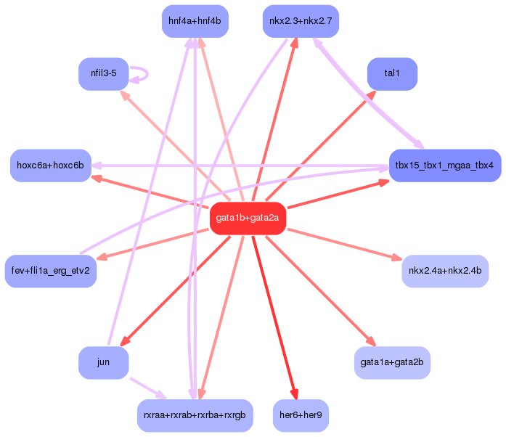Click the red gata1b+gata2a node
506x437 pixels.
248,218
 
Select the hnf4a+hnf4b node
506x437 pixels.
195,20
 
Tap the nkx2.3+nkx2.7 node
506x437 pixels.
300,20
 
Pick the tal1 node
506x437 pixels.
392,73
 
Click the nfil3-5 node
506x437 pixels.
103,74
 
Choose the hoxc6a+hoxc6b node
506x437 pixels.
50,166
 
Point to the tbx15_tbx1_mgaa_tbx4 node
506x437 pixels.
444,166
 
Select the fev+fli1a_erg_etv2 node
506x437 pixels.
50,271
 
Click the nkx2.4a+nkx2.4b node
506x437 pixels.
444,271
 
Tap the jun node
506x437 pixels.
103,362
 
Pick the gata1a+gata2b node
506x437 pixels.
392,362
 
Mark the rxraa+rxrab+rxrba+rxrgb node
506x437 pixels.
195,415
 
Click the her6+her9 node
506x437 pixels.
300,415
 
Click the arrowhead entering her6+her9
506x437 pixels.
293,394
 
